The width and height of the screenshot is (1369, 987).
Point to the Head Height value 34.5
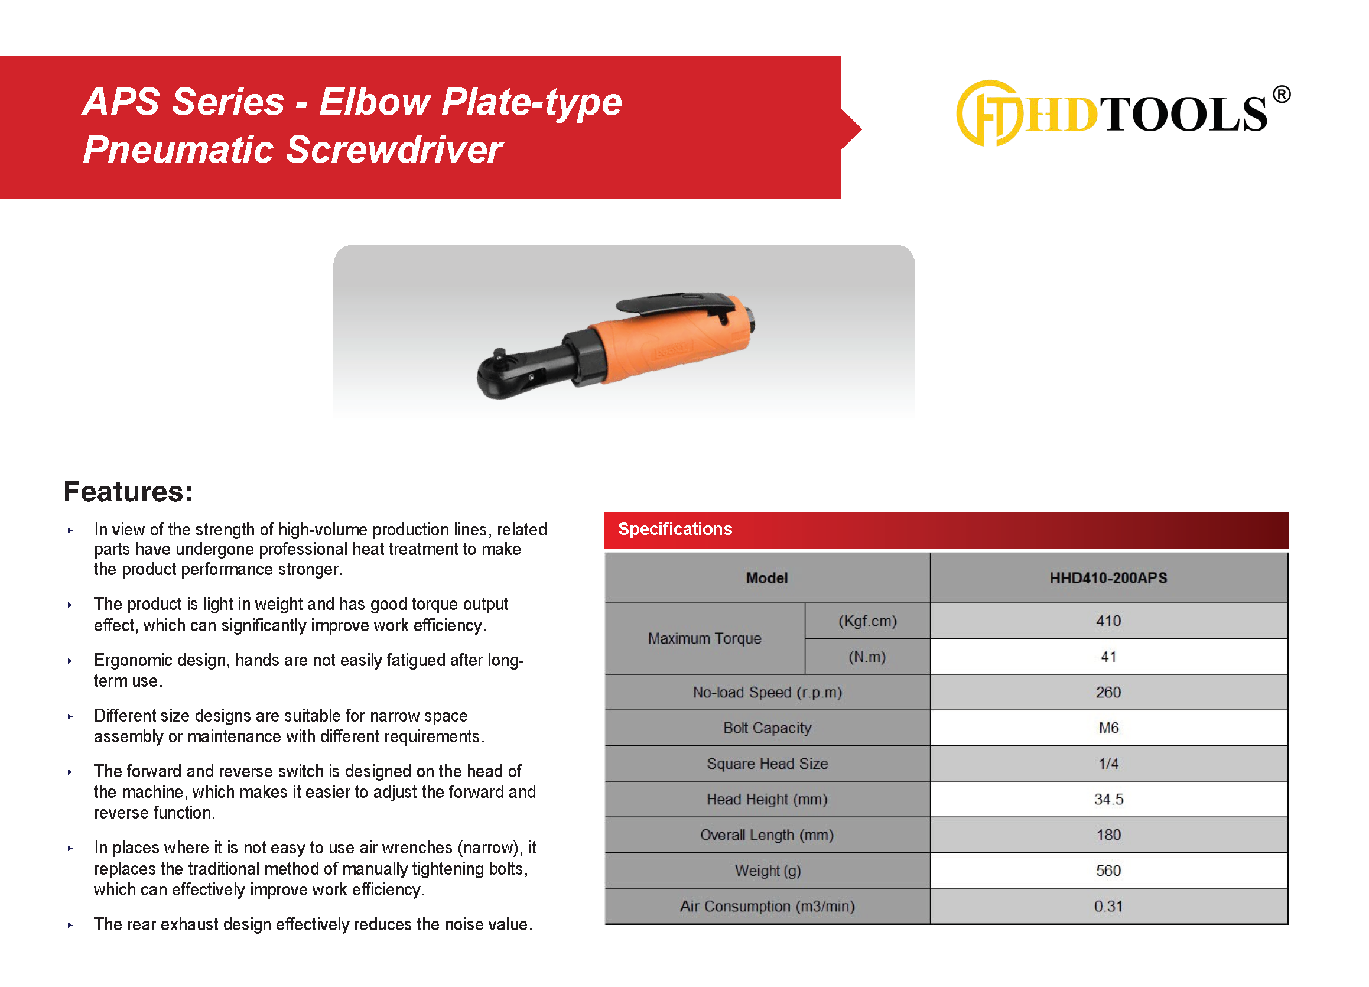pyautogui.click(x=1109, y=799)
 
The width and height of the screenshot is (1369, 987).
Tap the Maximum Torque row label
pyautogui.click(x=704, y=639)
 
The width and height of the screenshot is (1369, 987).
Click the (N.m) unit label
pyautogui.click(x=867, y=657)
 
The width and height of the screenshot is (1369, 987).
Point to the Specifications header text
pyautogui.click(x=675, y=530)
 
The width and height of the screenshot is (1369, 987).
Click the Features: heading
pyautogui.click(x=129, y=491)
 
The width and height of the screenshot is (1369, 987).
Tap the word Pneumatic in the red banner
pyautogui.click(x=178, y=149)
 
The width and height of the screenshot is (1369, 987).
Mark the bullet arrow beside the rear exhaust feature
pyautogui.click(x=70, y=925)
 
